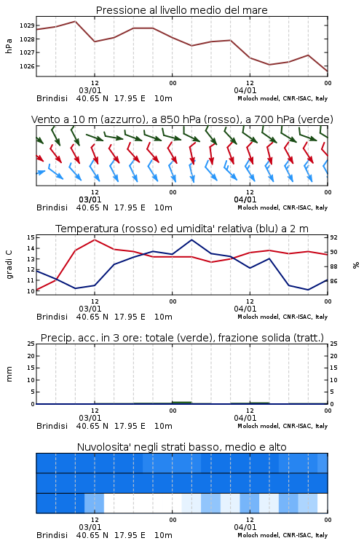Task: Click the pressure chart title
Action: pyautogui.click(x=181, y=10)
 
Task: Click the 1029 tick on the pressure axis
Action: pyautogui.click(x=27, y=25)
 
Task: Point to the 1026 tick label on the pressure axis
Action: pyautogui.click(x=27, y=66)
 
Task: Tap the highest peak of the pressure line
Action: pyautogui.click(x=75, y=21)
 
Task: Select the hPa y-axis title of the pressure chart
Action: pyautogui.click(x=9, y=46)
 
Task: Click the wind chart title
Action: pyautogui.click(x=182, y=119)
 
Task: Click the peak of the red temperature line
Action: pyautogui.click(x=95, y=240)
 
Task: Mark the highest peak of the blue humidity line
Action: pyautogui.click(x=191, y=240)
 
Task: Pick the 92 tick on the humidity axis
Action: pyautogui.click(x=333, y=237)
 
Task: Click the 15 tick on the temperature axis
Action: pyautogui.click(x=31, y=237)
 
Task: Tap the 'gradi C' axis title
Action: pyautogui.click(x=9, y=265)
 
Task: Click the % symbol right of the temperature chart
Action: pyautogui.click(x=356, y=265)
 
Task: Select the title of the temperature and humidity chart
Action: pyautogui.click(x=182, y=229)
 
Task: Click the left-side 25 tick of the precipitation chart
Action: pyautogui.click(x=31, y=344)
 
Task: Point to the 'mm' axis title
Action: pyautogui.click(x=9, y=374)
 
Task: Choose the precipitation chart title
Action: pyautogui.click(x=182, y=338)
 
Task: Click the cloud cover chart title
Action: pyautogui.click(x=181, y=447)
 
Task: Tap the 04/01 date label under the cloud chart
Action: pyautogui.click(x=245, y=527)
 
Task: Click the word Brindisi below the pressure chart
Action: pyautogui.click(x=52, y=98)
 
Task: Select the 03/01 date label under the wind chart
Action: pyautogui.click(x=90, y=200)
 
